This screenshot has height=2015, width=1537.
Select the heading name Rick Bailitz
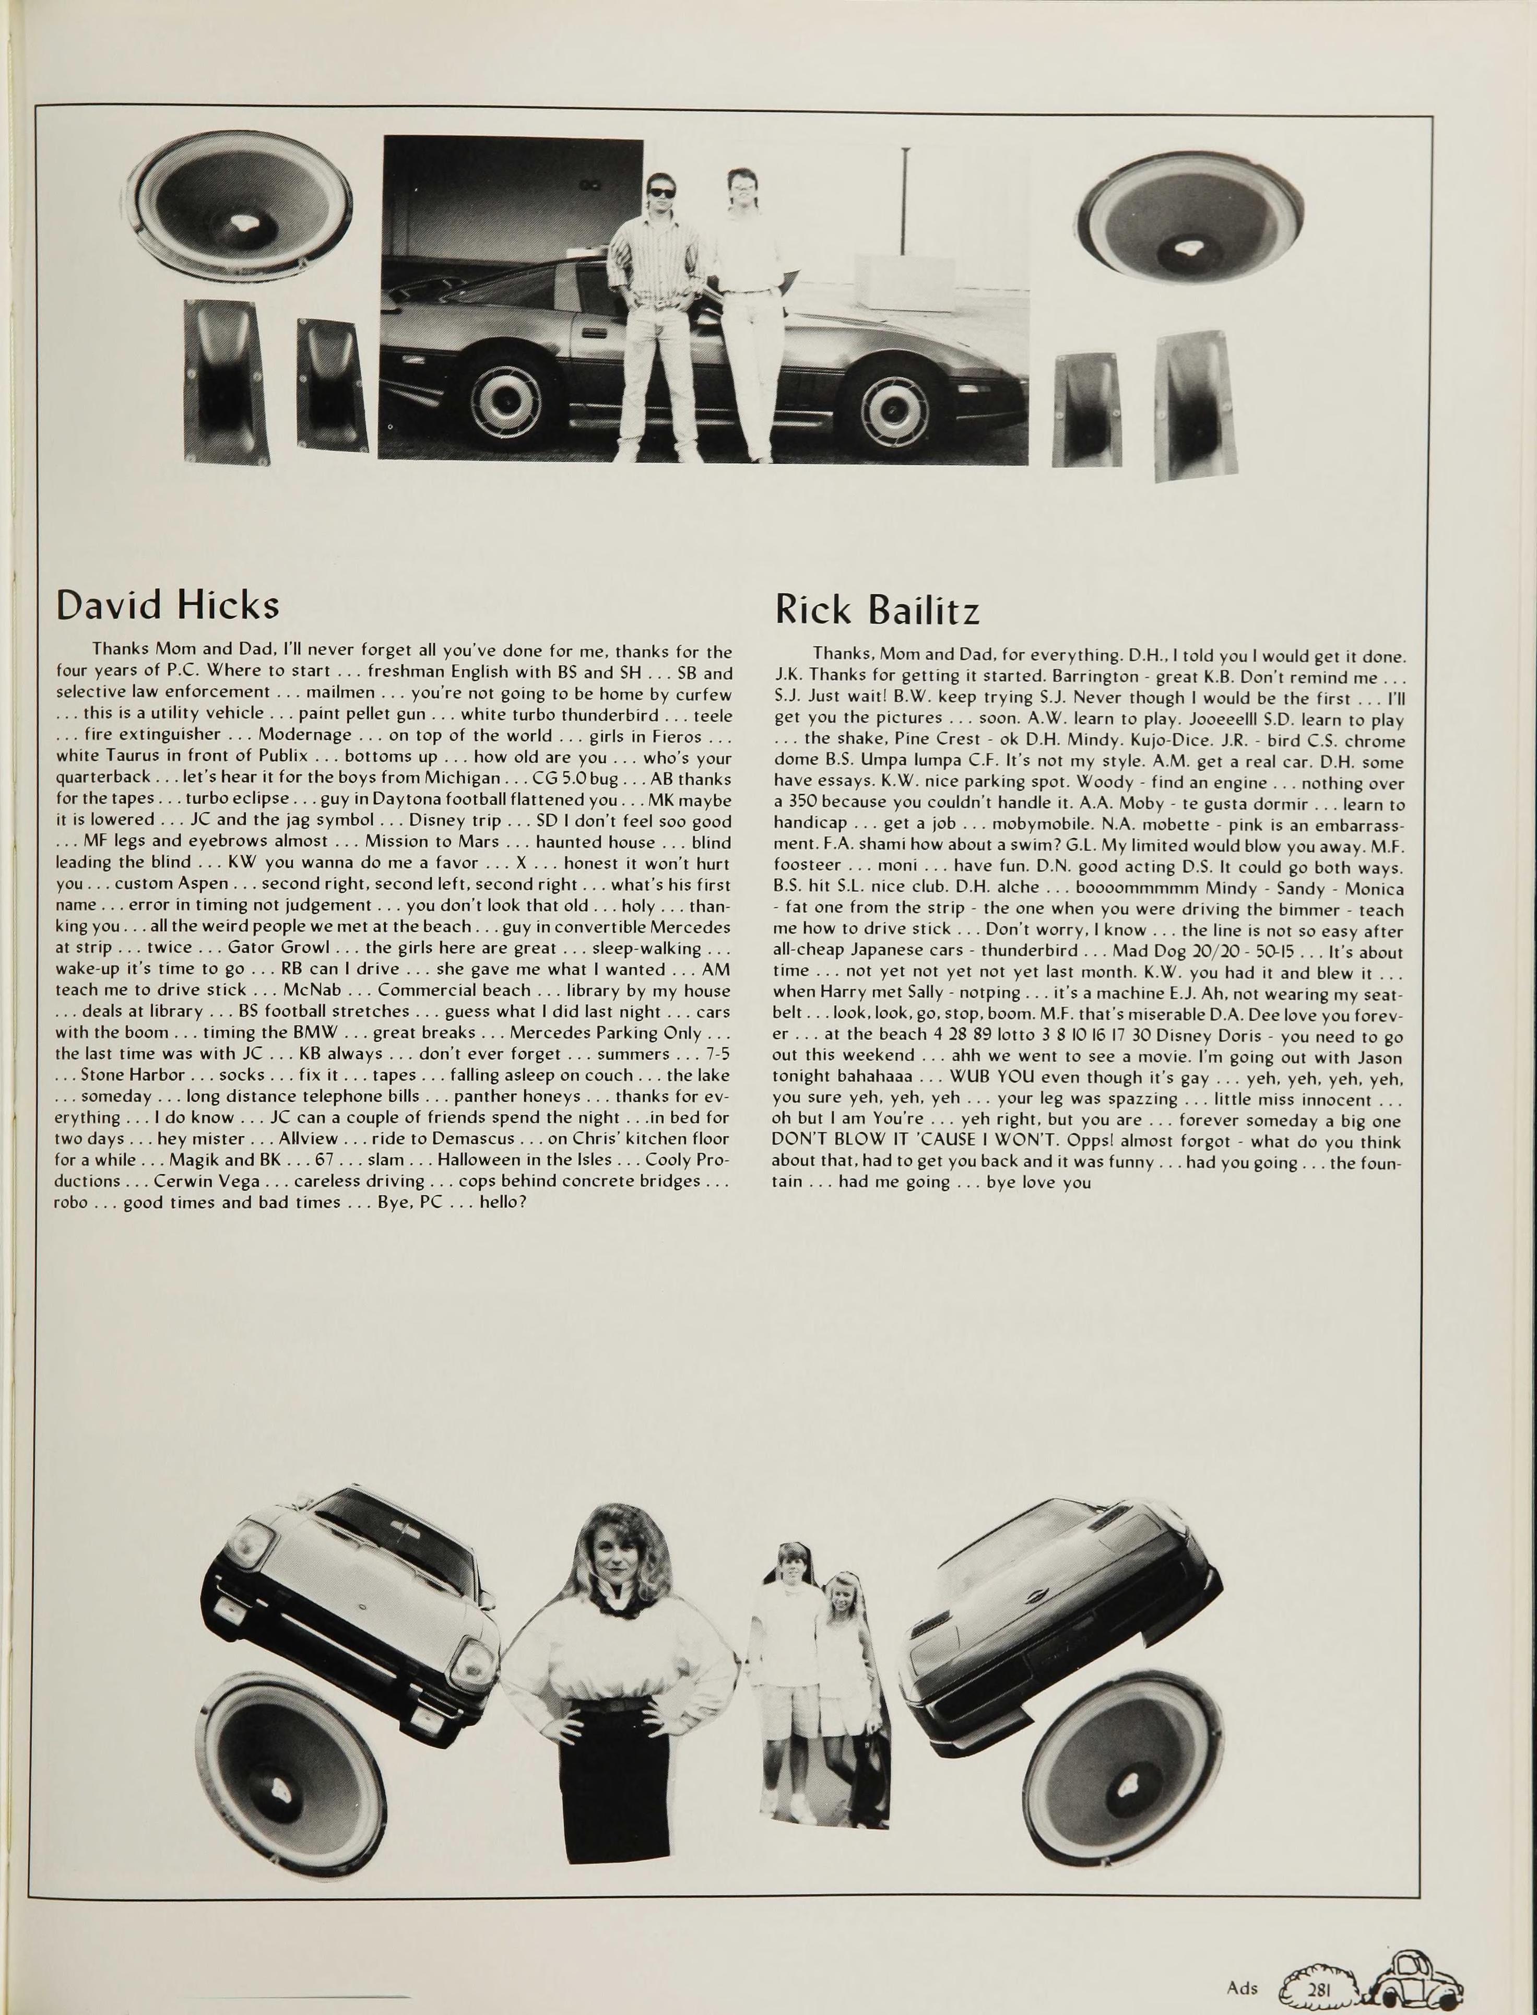tap(877, 609)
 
